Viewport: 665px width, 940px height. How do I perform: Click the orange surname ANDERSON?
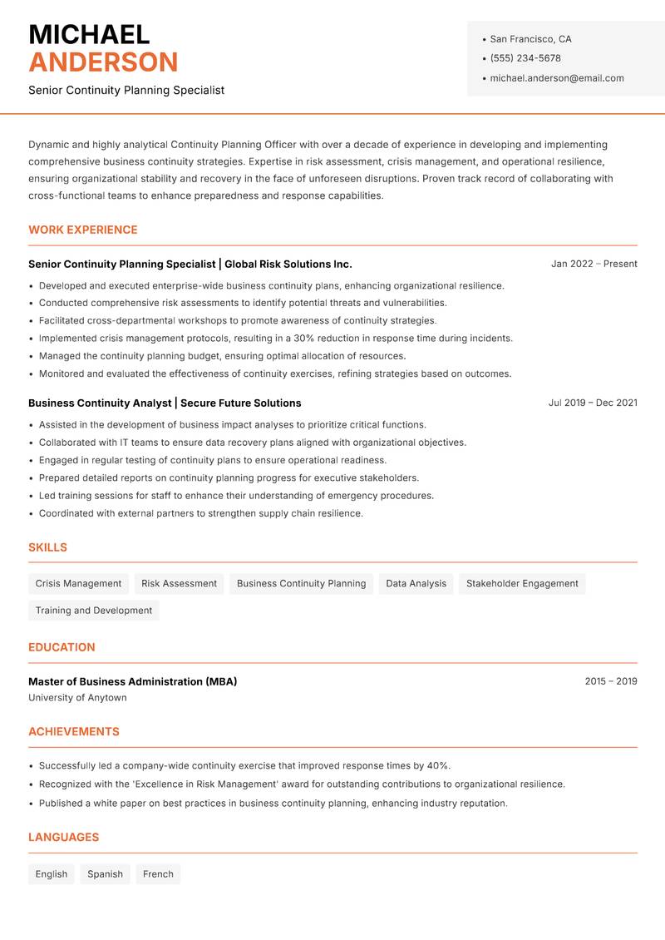[103, 62]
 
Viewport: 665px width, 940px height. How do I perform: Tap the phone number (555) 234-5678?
[525, 58]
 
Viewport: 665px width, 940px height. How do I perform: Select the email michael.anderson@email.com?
[557, 78]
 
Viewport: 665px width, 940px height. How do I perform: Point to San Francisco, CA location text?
[530, 39]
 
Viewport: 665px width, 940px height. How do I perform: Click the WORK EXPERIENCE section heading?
[83, 230]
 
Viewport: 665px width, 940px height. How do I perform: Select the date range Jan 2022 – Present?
[594, 264]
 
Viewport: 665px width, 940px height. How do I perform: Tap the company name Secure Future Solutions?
[241, 403]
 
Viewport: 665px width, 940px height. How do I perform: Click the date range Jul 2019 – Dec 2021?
[593, 403]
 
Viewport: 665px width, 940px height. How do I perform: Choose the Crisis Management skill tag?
[78, 584]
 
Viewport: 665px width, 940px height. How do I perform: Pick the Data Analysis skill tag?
[416, 584]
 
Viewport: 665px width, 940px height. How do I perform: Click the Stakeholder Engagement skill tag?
[522, 584]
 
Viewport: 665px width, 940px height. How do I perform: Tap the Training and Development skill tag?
[94, 611]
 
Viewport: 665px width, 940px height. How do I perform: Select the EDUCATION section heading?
[62, 647]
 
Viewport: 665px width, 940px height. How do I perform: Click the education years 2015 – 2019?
[611, 681]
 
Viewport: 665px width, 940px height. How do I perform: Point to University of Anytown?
[77, 698]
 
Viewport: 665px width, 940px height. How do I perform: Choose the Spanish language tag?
[105, 874]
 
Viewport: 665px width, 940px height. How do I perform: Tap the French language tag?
[158, 874]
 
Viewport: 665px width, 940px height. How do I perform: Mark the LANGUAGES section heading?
[63, 837]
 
